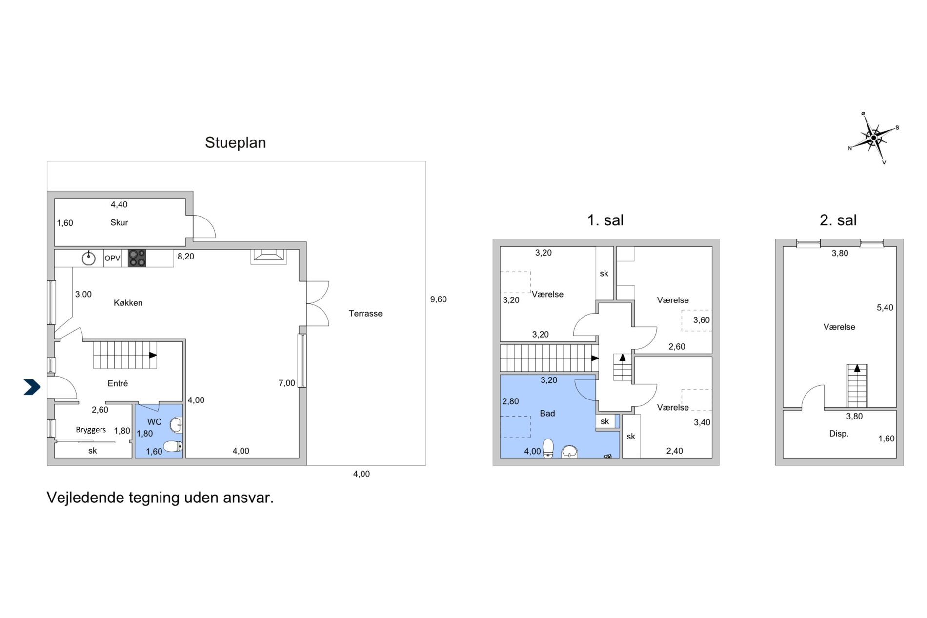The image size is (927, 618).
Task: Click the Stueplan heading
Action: point(235,142)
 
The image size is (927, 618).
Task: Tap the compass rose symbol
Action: point(873,138)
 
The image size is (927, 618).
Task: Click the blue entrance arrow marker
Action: point(32,387)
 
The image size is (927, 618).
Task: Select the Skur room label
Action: point(119,222)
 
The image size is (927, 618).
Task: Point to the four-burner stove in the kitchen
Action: point(137,258)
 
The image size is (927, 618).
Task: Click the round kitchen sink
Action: point(88,258)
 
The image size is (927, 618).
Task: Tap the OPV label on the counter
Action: point(112,258)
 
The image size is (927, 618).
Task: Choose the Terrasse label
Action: point(365,313)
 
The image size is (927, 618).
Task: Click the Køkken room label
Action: point(128,303)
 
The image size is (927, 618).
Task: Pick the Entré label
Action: point(118,383)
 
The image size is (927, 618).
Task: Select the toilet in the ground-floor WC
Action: point(173,446)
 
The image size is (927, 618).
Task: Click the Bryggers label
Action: point(91,430)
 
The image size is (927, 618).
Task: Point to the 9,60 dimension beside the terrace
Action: point(438,299)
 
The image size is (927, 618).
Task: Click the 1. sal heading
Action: point(605,220)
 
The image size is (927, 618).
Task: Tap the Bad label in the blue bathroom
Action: point(547,413)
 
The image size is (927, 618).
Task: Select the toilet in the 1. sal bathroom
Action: point(548,448)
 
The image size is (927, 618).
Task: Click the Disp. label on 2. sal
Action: point(839,434)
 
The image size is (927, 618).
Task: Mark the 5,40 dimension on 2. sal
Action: point(885,308)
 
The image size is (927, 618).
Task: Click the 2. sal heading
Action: point(838,220)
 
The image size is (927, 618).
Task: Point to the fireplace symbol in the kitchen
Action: point(268,257)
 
